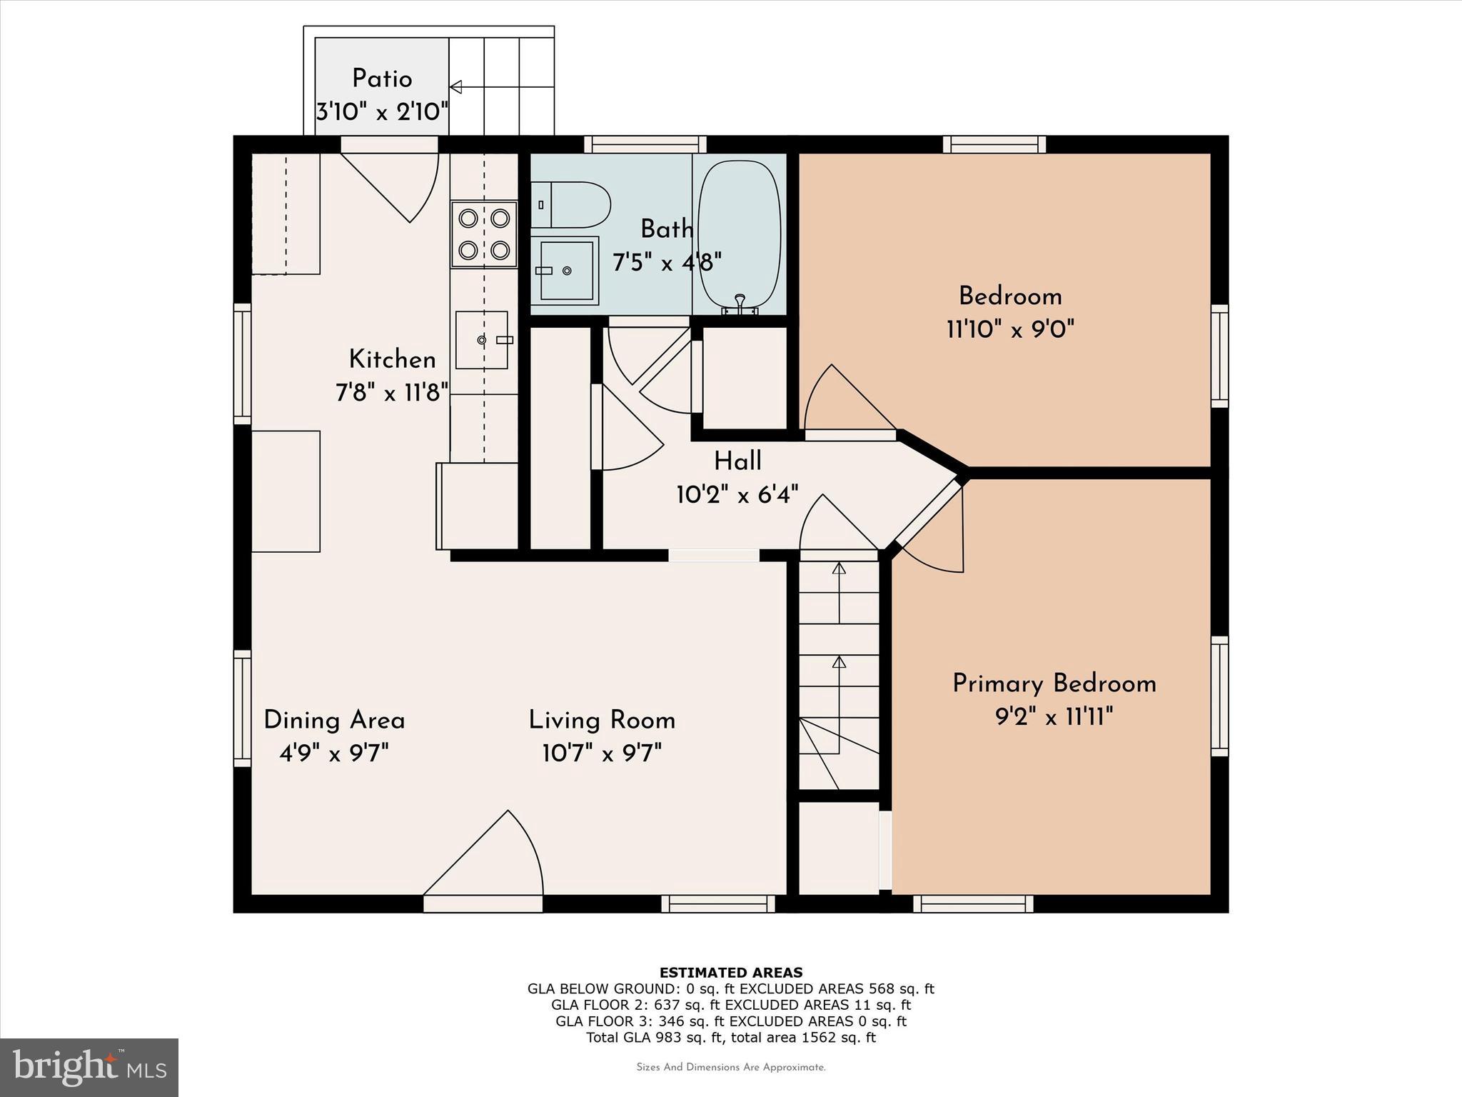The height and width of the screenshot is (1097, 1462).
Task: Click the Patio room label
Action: [382, 79]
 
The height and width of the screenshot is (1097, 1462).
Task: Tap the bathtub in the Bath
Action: [739, 236]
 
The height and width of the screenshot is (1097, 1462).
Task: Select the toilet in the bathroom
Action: [571, 204]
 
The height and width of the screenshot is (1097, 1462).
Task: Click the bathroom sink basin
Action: [567, 271]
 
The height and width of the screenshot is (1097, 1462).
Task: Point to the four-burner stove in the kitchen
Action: [483, 234]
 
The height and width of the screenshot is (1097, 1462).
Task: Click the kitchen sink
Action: [482, 340]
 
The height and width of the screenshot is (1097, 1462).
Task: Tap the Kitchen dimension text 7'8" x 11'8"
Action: [392, 392]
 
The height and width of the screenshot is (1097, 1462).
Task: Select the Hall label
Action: [737, 461]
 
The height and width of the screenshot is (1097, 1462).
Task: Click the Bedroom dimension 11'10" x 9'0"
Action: [1010, 329]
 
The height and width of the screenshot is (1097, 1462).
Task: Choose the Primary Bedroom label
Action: [1054, 683]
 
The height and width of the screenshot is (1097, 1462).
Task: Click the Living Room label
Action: [602, 720]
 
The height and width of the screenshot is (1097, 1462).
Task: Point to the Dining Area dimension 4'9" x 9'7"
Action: [334, 753]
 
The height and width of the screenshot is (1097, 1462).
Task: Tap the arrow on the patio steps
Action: [455, 87]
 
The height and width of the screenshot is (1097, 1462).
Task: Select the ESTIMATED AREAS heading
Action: [730, 972]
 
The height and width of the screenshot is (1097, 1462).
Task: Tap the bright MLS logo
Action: [89, 1068]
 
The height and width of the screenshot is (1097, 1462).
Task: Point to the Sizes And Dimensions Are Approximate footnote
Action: [730, 1067]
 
